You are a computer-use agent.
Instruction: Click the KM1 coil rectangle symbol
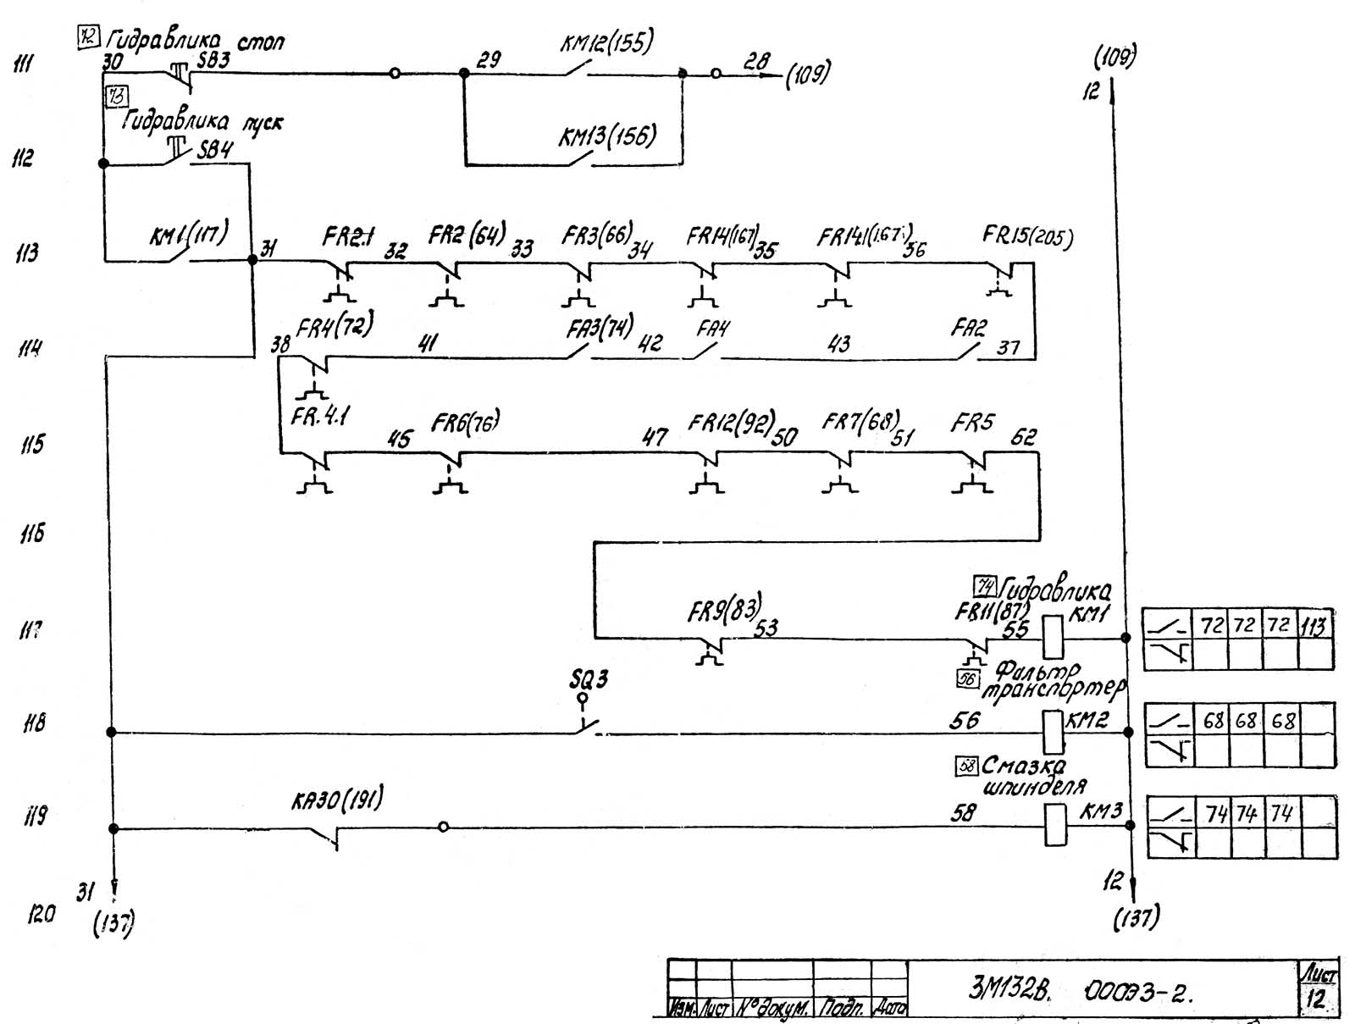pyautogui.click(x=1053, y=637)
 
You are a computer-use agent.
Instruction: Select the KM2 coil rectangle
pyautogui.click(x=1053, y=732)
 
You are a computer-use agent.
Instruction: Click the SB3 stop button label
pyautogui.click(x=213, y=60)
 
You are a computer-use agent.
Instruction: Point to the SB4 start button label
pyautogui.click(x=215, y=150)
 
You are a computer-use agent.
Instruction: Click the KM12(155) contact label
pyautogui.click(x=606, y=42)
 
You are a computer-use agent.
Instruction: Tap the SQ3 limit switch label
pyautogui.click(x=589, y=679)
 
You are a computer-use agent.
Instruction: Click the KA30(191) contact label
pyautogui.click(x=337, y=799)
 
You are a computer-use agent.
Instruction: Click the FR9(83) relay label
pyautogui.click(x=724, y=607)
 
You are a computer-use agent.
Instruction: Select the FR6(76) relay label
pyautogui.click(x=466, y=422)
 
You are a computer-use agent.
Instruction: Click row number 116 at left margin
pyautogui.click(x=32, y=534)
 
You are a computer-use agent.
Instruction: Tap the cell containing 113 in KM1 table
pyautogui.click(x=1314, y=627)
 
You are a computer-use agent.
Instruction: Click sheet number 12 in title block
pyautogui.click(x=1315, y=998)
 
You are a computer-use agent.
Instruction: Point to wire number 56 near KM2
pyautogui.click(x=965, y=720)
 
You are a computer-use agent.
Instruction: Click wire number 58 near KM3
pyautogui.click(x=964, y=813)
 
